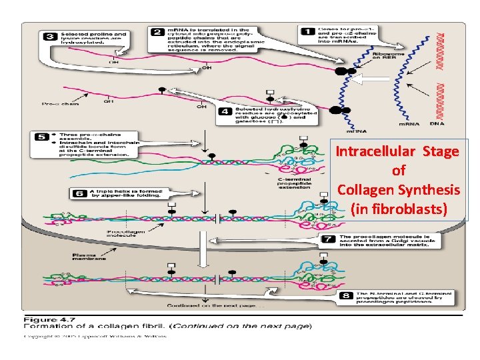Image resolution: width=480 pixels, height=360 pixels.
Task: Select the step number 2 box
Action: tap(157, 31)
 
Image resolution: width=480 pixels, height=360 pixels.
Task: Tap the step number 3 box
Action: tap(50, 37)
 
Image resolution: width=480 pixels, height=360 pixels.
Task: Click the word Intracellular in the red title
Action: tap(372, 152)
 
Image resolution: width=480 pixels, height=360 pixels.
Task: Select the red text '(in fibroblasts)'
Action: tap(398, 209)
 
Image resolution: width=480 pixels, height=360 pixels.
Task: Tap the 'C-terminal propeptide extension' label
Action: tap(294, 183)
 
